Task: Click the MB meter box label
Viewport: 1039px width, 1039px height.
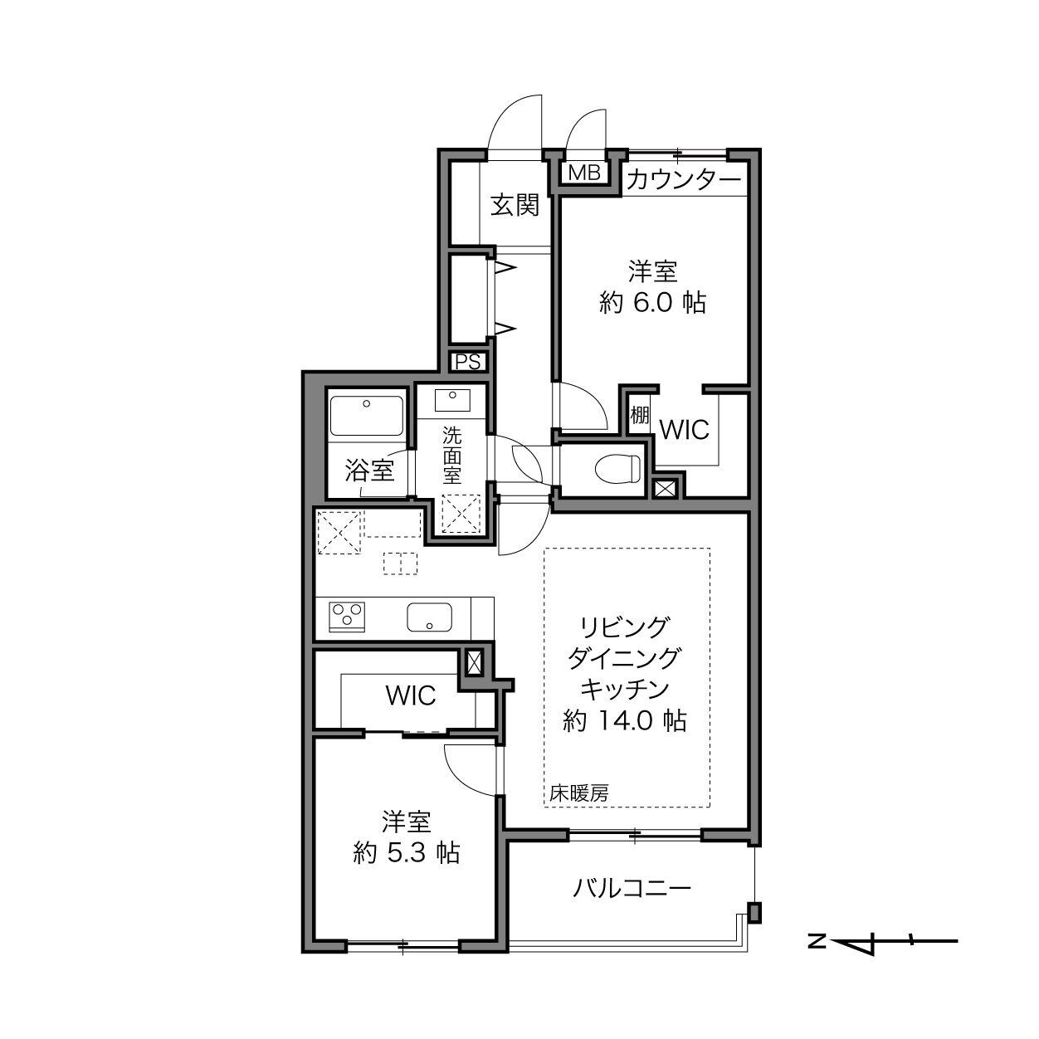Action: pos(584,173)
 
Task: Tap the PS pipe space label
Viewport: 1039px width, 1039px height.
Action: pos(468,362)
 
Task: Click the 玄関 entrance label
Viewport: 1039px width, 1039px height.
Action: pos(515,205)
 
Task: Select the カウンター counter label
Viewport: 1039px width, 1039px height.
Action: pos(684,179)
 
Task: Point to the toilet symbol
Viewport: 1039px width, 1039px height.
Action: pos(618,467)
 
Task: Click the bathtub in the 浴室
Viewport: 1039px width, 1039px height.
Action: pos(367,416)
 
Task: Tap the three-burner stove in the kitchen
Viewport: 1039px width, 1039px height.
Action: pos(346,617)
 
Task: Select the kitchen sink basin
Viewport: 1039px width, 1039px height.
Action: pos(429,617)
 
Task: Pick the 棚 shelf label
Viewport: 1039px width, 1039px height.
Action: pos(640,415)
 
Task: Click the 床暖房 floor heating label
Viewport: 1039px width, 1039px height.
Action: pos(579,793)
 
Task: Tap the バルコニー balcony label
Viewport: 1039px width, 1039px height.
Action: pos(632,887)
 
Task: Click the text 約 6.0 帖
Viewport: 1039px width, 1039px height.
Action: pos(652,302)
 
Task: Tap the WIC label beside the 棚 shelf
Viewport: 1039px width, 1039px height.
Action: pos(684,430)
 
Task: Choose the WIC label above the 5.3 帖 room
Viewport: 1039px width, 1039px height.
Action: pos(411,695)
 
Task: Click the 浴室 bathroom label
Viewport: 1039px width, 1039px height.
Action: pos(370,471)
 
